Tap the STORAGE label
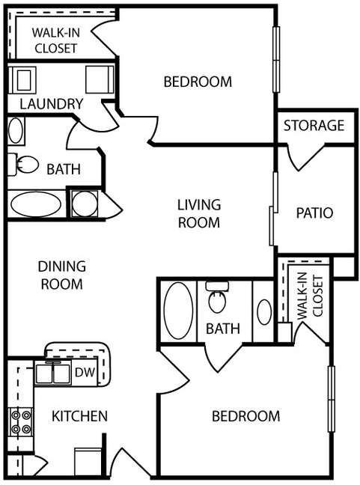(314, 126)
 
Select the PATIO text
(314, 213)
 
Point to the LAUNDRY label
(51, 104)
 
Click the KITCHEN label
(79, 416)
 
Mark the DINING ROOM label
(61, 275)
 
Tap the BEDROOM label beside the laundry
(198, 82)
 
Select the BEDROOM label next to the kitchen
(245, 416)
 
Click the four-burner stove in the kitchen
(20, 422)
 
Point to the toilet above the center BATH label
(218, 299)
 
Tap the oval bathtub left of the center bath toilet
(177, 310)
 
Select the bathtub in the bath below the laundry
(37, 204)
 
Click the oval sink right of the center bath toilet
(264, 311)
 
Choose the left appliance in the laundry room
(23, 79)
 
